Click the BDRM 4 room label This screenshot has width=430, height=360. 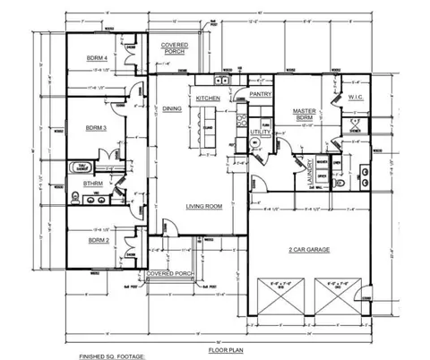tap(98, 58)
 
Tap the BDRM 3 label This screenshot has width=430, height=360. tap(98, 128)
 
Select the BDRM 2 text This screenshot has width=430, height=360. tap(98, 240)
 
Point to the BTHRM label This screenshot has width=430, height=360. tap(92, 184)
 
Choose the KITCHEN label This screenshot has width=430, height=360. tap(208, 98)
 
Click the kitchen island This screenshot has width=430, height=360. tap(208, 121)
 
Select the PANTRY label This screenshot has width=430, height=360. tap(261, 93)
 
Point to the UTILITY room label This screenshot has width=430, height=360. tap(260, 132)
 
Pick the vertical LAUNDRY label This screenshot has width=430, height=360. tap(308, 166)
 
